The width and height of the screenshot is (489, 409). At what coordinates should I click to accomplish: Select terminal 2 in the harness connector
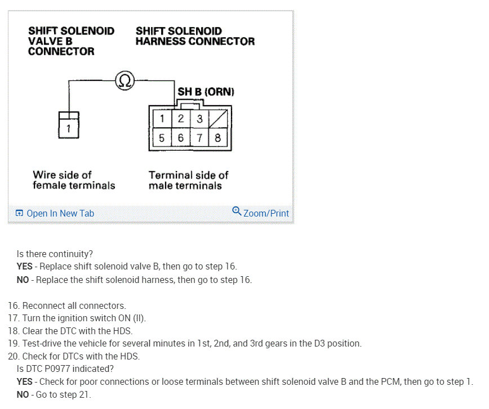click(x=180, y=119)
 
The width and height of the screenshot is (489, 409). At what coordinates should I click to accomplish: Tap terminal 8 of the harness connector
click(x=217, y=137)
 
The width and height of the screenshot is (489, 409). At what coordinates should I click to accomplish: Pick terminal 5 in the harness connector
click(x=162, y=137)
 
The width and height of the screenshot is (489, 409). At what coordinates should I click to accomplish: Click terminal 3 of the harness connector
click(x=199, y=119)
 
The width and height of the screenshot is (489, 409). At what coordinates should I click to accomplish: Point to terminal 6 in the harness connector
click(x=180, y=137)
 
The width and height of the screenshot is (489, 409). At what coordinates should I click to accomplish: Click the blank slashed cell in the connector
click(x=217, y=119)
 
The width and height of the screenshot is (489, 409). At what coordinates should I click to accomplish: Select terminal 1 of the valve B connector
click(x=69, y=128)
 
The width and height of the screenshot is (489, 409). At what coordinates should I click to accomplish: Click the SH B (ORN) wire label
click(x=206, y=92)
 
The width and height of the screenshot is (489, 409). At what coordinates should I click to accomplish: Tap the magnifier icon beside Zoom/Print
click(x=237, y=212)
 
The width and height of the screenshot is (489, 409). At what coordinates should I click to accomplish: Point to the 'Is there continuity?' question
click(x=55, y=254)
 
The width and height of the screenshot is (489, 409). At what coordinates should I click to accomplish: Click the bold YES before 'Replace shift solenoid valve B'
click(x=25, y=266)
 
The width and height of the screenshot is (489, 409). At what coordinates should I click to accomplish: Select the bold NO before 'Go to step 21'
click(x=23, y=394)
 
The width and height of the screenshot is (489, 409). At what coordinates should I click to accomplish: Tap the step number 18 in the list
click(x=14, y=331)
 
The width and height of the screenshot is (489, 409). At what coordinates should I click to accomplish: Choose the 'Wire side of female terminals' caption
click(x=74, y=180)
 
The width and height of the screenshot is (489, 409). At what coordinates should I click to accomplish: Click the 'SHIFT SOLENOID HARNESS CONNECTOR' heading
click(x=195, y=36)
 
